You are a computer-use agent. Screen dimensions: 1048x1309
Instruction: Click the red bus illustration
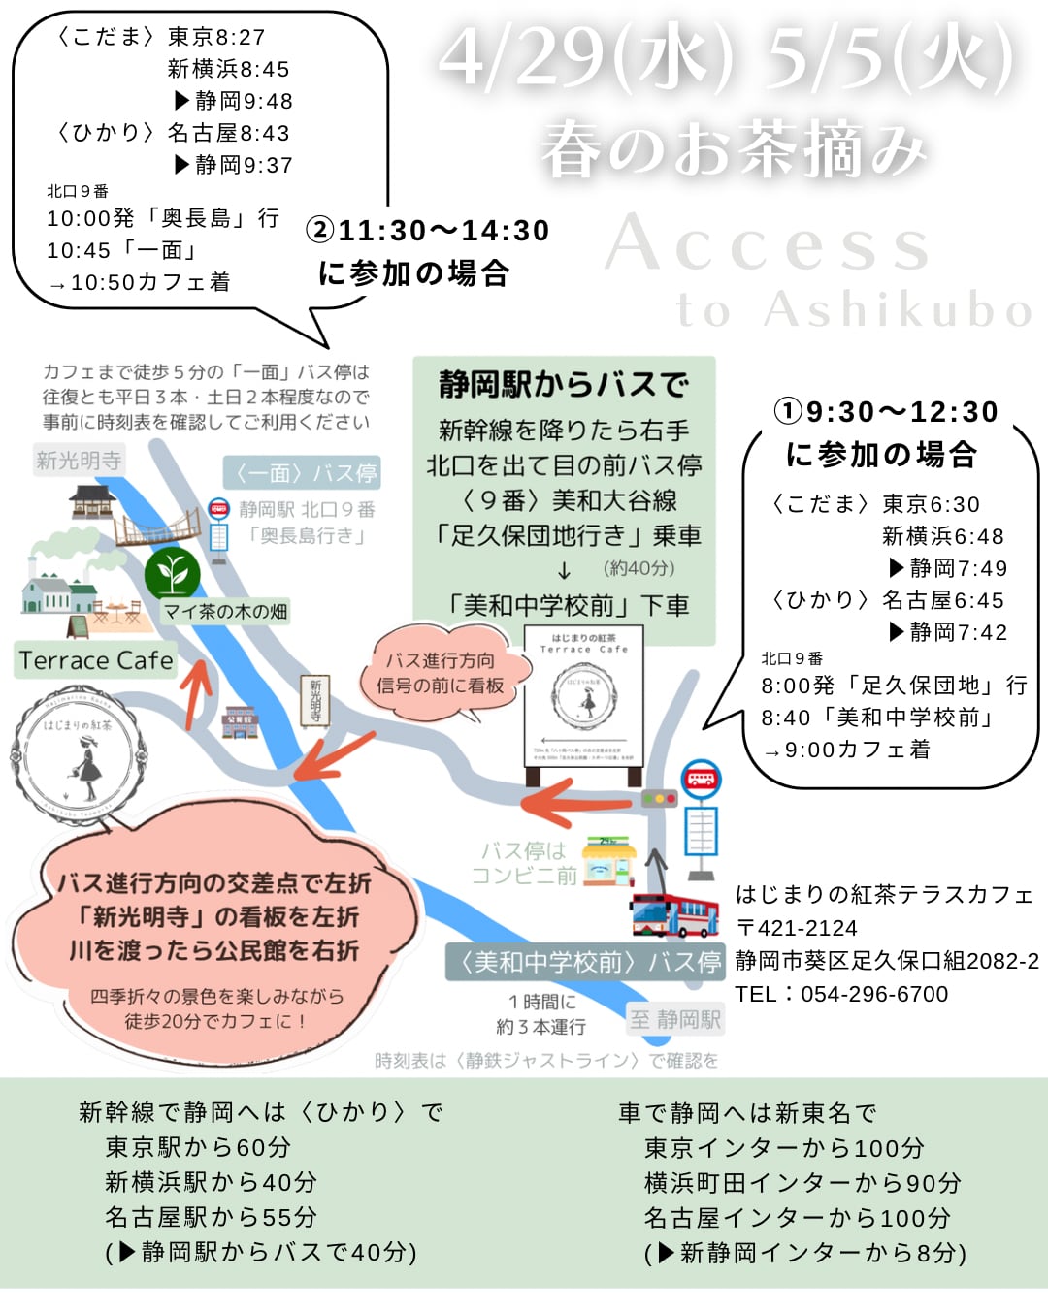[674, 910]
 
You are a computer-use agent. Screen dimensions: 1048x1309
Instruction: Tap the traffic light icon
[660, 800]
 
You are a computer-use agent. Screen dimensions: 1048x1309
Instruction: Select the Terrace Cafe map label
[95, 660]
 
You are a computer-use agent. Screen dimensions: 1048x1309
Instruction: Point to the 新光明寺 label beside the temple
[79, 460]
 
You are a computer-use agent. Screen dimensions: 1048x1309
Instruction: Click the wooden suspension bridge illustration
[157, 528]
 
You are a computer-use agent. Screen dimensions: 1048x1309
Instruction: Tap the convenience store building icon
[608, 862]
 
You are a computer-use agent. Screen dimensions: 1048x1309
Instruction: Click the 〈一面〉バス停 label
[301, 473]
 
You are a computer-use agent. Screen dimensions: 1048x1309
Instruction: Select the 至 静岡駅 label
[675, 1019]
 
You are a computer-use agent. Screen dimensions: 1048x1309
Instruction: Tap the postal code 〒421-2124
[797, 928]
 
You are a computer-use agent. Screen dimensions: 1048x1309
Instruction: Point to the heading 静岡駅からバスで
[564, 385]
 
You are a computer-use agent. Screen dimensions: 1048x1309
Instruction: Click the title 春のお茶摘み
[734, 150]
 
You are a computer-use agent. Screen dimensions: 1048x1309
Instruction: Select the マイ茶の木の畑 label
[225, 611]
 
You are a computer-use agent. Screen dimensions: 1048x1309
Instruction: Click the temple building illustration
[93, 502]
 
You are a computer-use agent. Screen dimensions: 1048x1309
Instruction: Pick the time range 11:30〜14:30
[443, 231]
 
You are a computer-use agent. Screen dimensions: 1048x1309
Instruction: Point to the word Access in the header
[769, 244]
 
